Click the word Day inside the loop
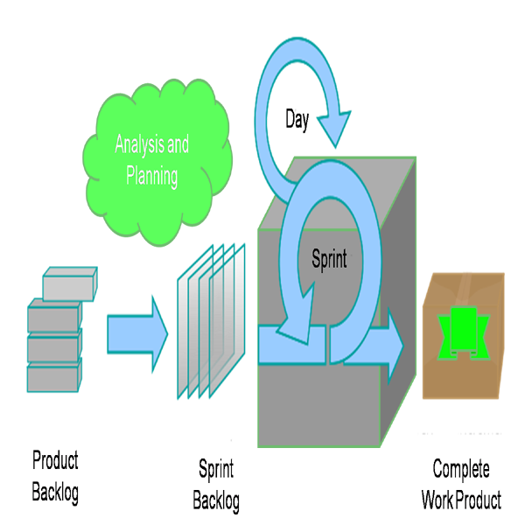pos(297,120)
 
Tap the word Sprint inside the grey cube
pos(329,258)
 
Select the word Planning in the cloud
pos(151,176)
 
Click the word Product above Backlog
pos(55,460)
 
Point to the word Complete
pos(461,469)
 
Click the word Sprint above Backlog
pos(216,469)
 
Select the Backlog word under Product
pos(55,493)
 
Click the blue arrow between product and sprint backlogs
pos(137,334)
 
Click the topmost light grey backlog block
pos(70,283)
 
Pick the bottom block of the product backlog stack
pos(54,375)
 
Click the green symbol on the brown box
pos(464,333)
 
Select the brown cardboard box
pos(464,336)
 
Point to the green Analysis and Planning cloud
pos(157,163)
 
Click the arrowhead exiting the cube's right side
pos(395,346)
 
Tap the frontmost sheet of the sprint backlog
pos(227,321)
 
